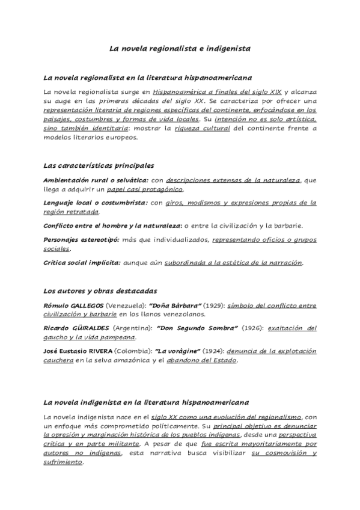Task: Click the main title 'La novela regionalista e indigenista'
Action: tap(180, 48)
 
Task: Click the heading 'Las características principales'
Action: tap(99, 165)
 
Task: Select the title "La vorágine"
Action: tap(179, 351)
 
